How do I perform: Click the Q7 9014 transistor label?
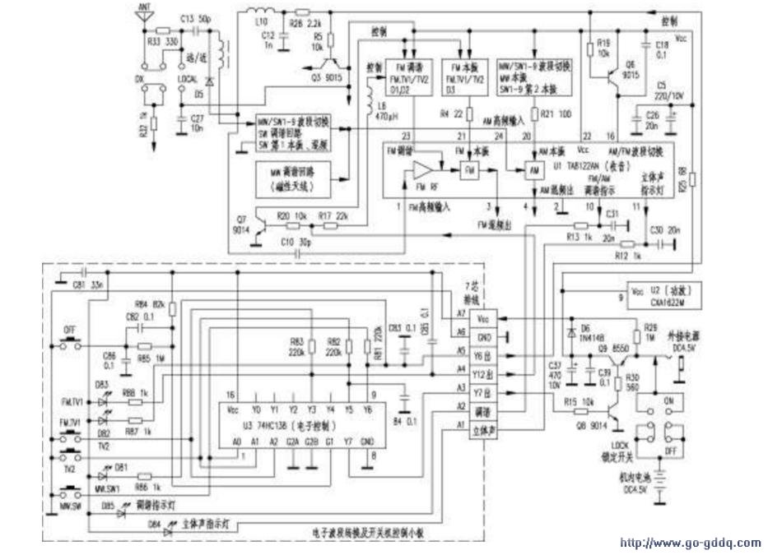coord(240,224)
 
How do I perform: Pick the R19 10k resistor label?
coord(603,47)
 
